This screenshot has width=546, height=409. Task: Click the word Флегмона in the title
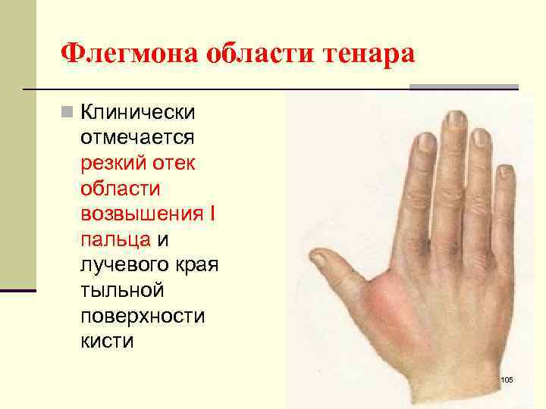tap(125, 55)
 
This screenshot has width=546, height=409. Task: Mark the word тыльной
tap(122, 291)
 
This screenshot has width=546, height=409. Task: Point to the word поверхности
tap(142, 316)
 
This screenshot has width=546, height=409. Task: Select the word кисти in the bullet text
tap(106, 341)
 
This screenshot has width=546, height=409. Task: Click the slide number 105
tap(507, 379)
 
